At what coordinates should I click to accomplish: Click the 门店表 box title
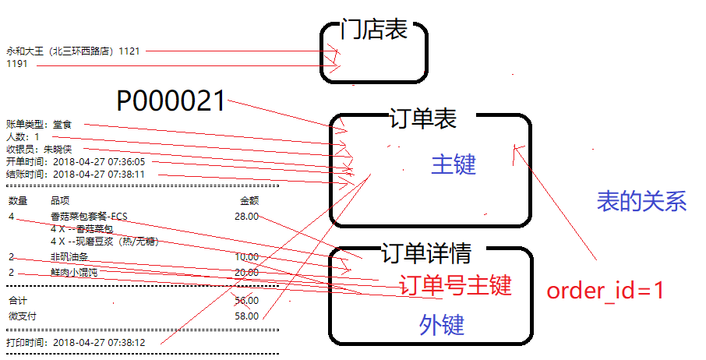point(374,30)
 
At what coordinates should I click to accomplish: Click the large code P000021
point(171,101)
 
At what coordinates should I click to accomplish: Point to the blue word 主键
point(453,164)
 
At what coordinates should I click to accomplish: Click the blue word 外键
point(442,325)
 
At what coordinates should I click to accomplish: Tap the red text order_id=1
point(605,291)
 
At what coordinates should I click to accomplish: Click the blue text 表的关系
point(641,201)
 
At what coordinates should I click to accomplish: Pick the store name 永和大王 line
point(73,51)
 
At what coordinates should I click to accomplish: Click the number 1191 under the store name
point(17,64)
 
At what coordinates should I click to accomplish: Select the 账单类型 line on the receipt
point(38,124)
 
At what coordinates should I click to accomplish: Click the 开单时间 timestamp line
point(75,161)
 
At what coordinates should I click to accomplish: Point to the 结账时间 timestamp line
point(75,174)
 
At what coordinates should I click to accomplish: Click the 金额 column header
point(249,201)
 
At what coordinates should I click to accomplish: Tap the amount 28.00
point(246,216)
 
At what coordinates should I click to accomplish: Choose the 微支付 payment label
point(22,316)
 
